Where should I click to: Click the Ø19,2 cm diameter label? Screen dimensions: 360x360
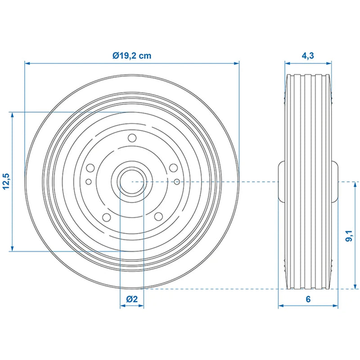coord(131,56)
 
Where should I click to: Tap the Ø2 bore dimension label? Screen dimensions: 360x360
coord(131,299)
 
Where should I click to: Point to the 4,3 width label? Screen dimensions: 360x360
coord(308,56)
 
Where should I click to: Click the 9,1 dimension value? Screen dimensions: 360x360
coord(348,235)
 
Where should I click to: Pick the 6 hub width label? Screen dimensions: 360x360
coord(308,299)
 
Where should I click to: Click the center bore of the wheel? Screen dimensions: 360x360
coord(131,181)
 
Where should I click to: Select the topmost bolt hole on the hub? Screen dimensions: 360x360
coord(132,138)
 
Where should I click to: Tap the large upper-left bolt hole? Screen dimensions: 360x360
coord(90,168)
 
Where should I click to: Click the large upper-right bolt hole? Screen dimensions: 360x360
coord(173,168)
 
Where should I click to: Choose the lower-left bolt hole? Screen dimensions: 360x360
coord(107,217)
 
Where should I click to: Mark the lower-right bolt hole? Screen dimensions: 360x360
coord(158,216)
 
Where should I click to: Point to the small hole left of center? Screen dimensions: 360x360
coord(88,182)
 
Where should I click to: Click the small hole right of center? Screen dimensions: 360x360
coord(177,181)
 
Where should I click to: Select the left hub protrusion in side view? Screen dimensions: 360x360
coord(281,181)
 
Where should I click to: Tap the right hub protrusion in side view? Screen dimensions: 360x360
coord(335,181)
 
